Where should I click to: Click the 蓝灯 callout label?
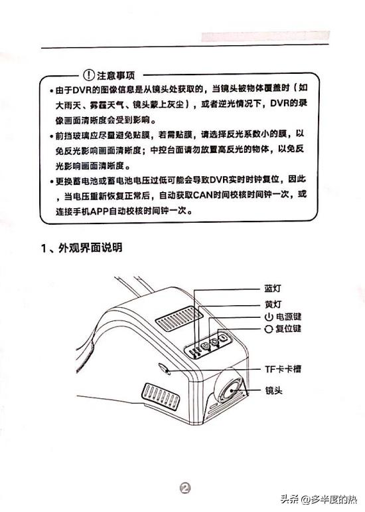273,290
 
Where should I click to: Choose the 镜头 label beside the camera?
273,392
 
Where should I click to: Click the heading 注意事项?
117,72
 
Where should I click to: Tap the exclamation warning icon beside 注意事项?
90,72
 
